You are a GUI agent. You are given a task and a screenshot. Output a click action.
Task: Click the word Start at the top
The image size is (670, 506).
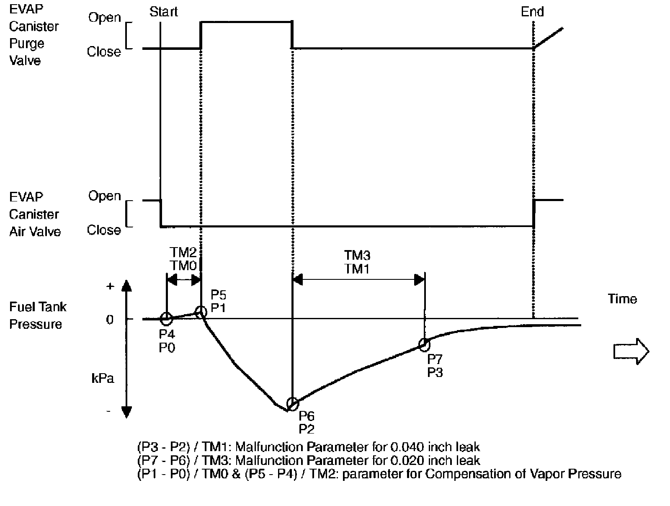pyautogui.click(x=164, y=12)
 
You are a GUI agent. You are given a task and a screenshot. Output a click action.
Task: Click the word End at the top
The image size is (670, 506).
pyautogui.click(x=532, y=12)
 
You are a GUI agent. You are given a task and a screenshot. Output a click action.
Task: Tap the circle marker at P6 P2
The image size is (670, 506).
pyautogui.click(x=293, y=404)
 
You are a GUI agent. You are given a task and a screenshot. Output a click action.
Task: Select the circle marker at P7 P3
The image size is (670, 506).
pyautogui.click(x=424, y=345)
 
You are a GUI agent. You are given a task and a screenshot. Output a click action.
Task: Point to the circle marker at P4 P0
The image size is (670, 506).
pyautogui.click(x=166, y=319)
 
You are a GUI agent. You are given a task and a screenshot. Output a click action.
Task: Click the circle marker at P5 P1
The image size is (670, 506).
pyautogui.click(x=201, y=312)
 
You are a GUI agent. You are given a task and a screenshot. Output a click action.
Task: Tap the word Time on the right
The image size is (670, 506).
pyautogui.click(x=622, y=299)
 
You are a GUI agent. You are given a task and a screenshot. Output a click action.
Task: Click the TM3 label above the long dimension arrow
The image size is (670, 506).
pyautogui.click(x=357, y=255)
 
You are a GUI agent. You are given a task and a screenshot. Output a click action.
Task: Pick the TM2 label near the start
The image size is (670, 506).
pyautogui.click(x=183, y=253)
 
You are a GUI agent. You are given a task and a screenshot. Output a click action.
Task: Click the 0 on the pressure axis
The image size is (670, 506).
pyautogui.click(x=110, y=320)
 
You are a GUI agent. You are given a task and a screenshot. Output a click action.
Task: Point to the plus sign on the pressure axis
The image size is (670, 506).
pyautogui.click(x=110, y=287)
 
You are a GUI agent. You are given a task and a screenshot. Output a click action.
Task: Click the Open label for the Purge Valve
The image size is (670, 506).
pyautogui.click(x=105, y=18)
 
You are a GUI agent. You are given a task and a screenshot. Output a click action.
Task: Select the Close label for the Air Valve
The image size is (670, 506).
pyautogui.click(x=104, y=230)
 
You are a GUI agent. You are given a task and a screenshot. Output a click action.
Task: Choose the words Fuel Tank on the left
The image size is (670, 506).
pyautogui.click(x=38, y=307)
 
